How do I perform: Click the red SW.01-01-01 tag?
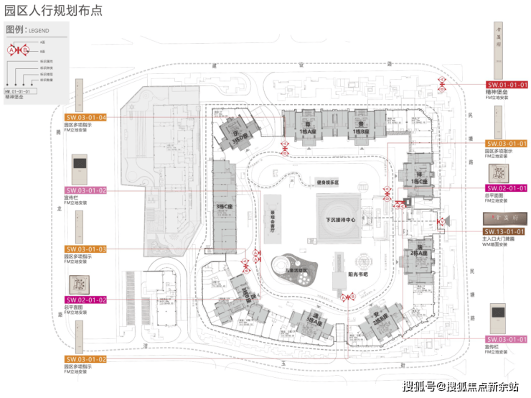(x=507, y=85)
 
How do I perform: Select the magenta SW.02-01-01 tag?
(x=507, y=188)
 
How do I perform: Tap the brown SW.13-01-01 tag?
(x=507, y=231)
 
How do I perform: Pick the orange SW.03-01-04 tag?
(x=86, y=117)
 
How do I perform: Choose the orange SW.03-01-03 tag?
(x=86, y=249)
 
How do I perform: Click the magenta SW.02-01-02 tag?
(x=86, y=300)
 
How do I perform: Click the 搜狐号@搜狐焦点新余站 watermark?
(x=460, y=387)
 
